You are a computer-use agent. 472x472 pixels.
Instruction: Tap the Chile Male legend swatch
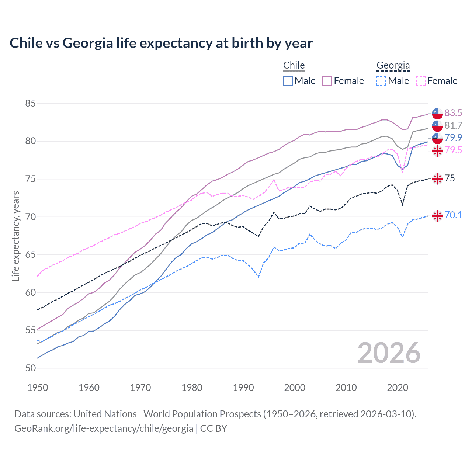(288, 81)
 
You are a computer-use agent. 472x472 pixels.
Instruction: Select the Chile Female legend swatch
(327, 81)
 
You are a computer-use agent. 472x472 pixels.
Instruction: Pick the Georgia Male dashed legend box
(381, 81)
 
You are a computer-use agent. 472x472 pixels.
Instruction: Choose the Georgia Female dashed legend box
(421, 81)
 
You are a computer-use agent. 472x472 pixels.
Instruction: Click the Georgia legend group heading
(393, 66)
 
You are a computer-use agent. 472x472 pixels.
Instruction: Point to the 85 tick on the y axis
(30, 104)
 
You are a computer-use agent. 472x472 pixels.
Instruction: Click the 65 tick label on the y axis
(30, 255)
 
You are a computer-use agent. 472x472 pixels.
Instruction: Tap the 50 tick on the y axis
(30, 368)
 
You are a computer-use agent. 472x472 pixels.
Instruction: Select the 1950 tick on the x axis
(38, 388)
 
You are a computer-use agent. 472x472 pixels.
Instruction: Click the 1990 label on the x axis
(243, 388)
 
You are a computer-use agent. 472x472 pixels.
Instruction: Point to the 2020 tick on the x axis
(398, 388)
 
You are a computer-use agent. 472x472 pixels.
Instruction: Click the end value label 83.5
(453, 113)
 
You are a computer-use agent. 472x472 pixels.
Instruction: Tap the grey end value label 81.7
(453, 125)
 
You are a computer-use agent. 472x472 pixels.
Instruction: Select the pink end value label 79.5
(453, 150)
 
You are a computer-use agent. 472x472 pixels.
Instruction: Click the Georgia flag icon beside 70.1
(437, 216)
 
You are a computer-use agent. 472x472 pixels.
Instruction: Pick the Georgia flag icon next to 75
(437, 179)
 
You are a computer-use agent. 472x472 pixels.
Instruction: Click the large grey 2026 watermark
(389, 353)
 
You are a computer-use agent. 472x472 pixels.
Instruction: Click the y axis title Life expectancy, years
(15, 236)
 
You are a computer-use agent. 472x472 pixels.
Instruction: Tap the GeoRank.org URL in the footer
(104, 428)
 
